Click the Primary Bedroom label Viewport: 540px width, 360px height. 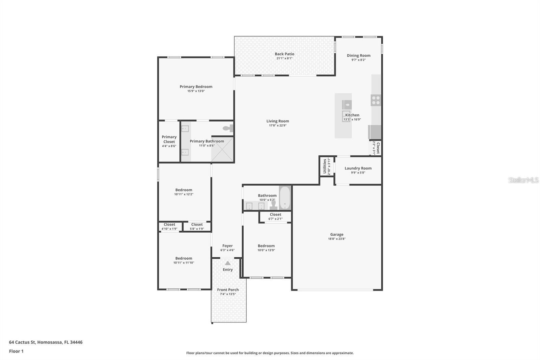[x=196, y=87]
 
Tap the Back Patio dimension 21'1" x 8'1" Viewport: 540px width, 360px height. [x=284, y=58]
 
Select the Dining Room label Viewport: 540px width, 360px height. [x=358, y=56]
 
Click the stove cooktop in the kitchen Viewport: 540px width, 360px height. [x=376, y=100]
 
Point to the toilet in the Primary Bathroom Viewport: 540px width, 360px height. [x=228, y=128]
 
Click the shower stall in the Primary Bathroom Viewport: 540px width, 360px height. [x=222, y=149]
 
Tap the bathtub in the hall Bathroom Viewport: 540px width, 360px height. [x=285, y=198]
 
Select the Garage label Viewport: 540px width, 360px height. [x=336, y=234]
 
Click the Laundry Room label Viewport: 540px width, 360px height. [x=358, y=168]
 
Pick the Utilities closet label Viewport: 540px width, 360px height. [x=325, y=166]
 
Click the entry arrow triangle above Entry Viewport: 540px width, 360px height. [x=228, y=263]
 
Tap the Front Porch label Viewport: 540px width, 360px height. [x=228, y=290]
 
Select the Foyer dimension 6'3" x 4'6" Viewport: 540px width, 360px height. [x=227, y=250]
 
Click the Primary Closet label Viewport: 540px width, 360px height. [x=169, y=139]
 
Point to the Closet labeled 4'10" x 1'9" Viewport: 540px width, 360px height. [x=169, y=226]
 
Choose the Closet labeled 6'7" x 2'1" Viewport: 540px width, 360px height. [x=275, y=216]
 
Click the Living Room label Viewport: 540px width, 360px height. [x=277, y=121]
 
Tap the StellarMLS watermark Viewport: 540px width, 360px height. [x=523, y=180]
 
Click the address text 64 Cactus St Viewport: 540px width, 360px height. [x=22, y=342]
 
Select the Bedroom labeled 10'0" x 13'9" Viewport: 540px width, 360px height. [x=266, y=248]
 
